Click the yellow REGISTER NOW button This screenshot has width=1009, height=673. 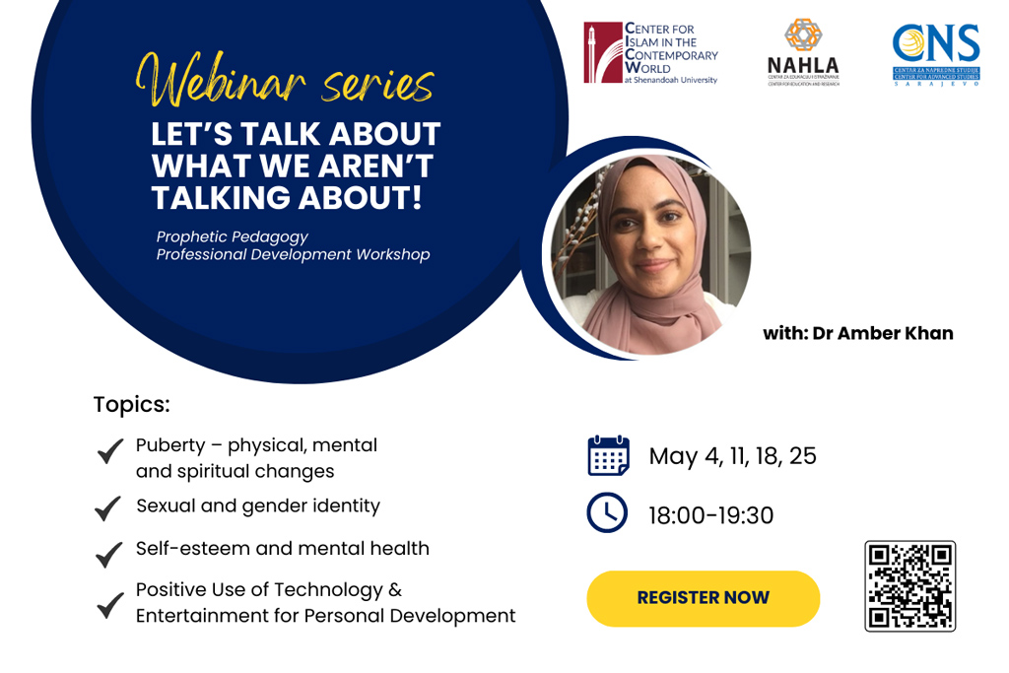click(703, 598)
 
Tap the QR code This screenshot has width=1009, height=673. click(909, 585)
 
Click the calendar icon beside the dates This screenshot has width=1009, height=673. click(608, 456)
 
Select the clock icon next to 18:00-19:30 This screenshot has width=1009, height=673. click(607, 513)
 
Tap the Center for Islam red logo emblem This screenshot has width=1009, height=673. click(602, 52)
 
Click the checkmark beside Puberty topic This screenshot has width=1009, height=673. click(109, 452)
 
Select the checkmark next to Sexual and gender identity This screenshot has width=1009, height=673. click(107, 508)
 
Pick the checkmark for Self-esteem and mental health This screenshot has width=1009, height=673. click(108, 555)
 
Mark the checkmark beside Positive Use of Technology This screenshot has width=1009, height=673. click(109, 605)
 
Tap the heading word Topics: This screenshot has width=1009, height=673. click(131, 404)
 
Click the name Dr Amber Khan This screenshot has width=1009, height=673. click(882, 333)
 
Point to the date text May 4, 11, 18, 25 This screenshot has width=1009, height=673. click(732, 456)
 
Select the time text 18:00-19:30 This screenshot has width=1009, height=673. click(710, 515)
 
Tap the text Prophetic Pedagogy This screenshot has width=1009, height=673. click(232, 236)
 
